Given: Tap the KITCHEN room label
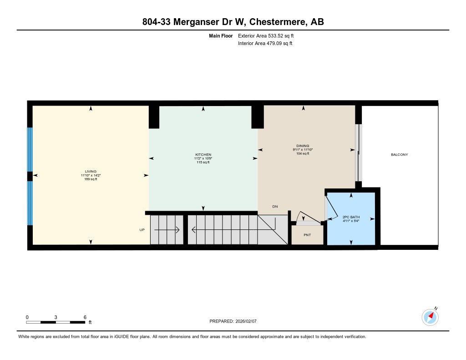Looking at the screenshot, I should click(203, 155).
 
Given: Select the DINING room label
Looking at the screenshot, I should click(303, 146).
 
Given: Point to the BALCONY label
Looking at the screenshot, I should click(400, 155).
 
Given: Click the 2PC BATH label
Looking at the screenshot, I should click(350, 217).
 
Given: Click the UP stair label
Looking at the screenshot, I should click(142, 230).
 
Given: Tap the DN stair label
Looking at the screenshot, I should click(275, 207).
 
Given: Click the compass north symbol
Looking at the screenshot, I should click(430, 317).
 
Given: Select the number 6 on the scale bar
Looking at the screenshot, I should click(85, 317).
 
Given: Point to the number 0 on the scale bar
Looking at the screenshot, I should click(27, 317).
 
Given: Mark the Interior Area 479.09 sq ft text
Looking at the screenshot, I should click(265, 44).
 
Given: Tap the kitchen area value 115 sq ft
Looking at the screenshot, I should click(203, 162).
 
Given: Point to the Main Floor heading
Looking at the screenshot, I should click(221, 35).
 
